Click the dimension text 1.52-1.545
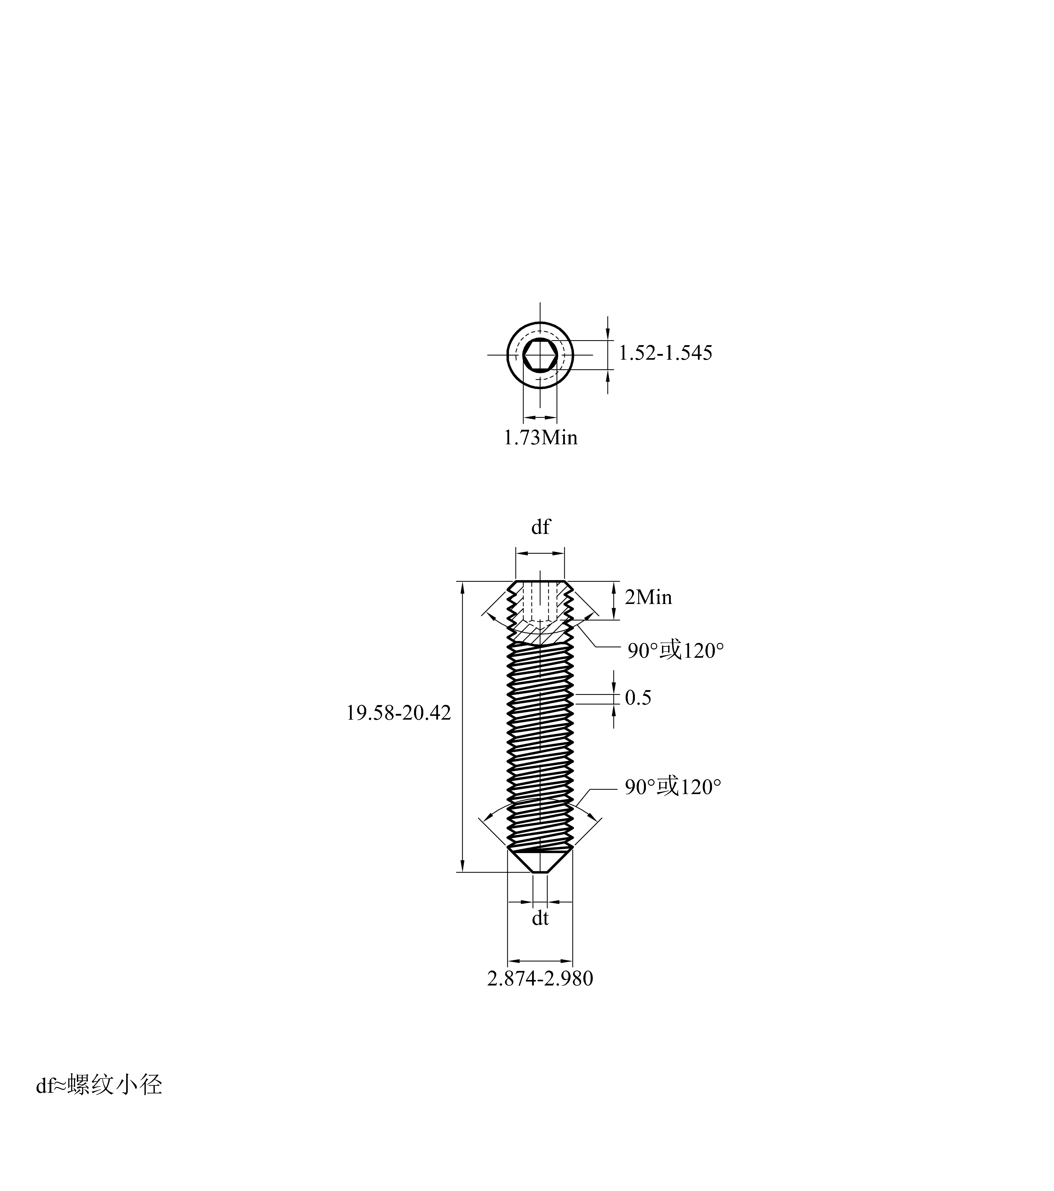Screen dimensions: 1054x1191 tap(665, 353)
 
